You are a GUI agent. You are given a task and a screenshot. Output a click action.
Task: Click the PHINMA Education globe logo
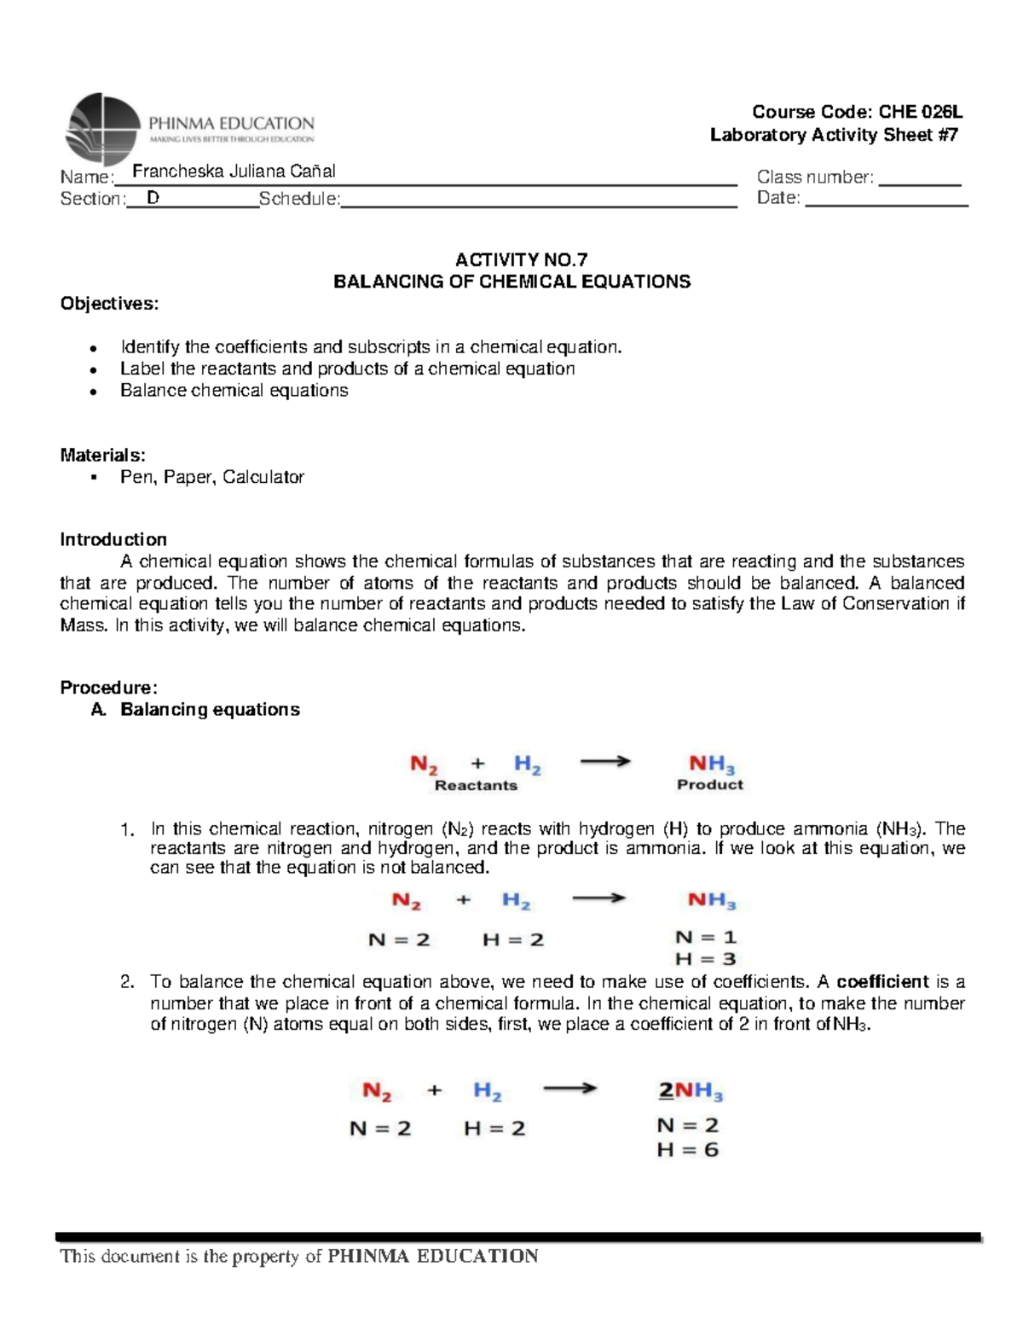pyautogui.click(x=102, y=129)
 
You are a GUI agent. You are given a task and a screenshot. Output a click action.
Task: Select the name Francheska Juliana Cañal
pyautogui.click(x=234, y=171)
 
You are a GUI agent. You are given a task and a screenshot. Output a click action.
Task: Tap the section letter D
pyautogui.click(x=153, y=198)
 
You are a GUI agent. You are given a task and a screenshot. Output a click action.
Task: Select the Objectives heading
pyautogui.click(x=109, y=304)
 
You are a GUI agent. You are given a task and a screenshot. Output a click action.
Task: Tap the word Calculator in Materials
pyautogui.click(x=263, y=477)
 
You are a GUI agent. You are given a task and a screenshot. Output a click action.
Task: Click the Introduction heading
pyautogui.click(x=113, y=539)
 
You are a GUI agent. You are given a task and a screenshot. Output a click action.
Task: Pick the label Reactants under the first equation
pyautogui.click(x=476, y=786)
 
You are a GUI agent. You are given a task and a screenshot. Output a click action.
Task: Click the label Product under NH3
pyautogui.click(x=710, y=785)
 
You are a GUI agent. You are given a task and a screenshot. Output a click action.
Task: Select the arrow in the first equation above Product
pyautogui.click(x=605, y=762)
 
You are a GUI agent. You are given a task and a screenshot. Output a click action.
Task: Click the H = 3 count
pyautogui.click(x=705, y=959)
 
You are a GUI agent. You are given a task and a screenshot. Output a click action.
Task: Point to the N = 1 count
pyautogui.click(x=705, y=938)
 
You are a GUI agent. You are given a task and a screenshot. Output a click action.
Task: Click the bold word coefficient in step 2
pyautogui.click(x=882, y=981)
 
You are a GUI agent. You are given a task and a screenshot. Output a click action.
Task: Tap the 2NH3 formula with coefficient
pyautogui.click(x=691, y=1091)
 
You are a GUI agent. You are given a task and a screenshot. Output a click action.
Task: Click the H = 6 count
pyautogui.click(x=687, y=1150)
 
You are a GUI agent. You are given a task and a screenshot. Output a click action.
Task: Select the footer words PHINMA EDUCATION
pyautogui.click(x=433, y=1256)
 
